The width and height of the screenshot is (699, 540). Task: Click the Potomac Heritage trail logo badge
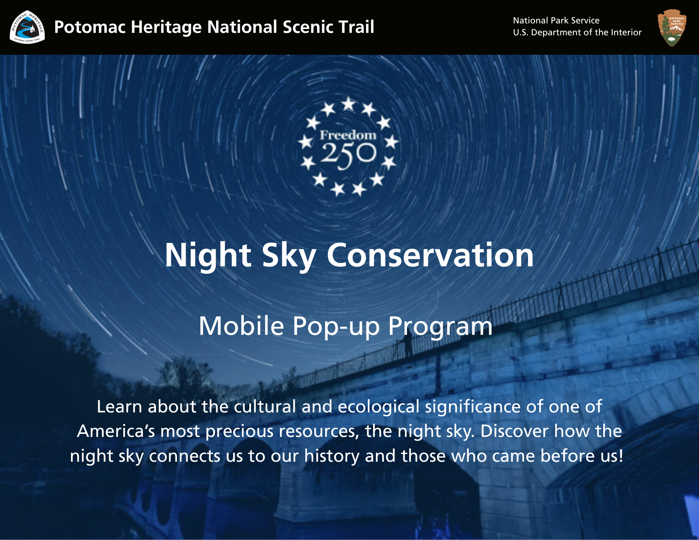(x=27, y=27)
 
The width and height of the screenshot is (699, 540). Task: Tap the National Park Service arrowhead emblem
(x=672, y=27)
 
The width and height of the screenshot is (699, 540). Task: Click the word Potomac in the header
(x=89, y=27)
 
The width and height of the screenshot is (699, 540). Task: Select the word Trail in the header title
(x=358, y=27)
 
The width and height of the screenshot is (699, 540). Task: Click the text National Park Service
(x=556, y=20)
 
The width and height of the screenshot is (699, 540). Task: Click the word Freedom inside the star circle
(x=348, y=135)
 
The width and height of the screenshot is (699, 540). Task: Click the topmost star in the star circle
(x=348, y=104)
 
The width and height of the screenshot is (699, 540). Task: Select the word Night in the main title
(x=208, y=256)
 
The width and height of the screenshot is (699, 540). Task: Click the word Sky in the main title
(x=289, y=256)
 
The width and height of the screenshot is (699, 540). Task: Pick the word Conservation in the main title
(x=430, y=255)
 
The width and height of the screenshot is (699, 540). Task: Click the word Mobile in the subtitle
(x=241, y=326)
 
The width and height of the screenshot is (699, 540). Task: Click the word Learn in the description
(x=119, y=406)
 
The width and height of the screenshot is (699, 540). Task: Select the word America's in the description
(x=116, y=431)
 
